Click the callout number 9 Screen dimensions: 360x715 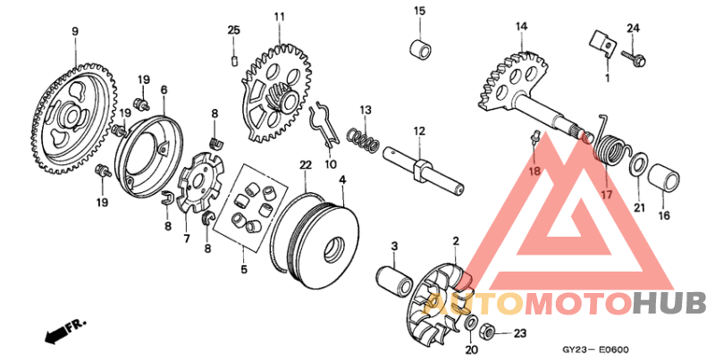click(75, 31)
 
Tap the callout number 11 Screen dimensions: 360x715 click(279, 17)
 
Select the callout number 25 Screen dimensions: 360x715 click(233, 30)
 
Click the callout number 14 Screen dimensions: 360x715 click(520, 26)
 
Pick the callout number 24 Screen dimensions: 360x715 click(633, 29)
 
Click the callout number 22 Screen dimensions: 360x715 click(306, 165)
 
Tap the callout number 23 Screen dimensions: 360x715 click(521, 333)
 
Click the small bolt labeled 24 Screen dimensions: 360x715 click(636, 57)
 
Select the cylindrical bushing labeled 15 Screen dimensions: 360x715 click(419, 47)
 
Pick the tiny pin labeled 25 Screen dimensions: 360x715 click(233, 60)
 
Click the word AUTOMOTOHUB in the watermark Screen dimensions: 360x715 click(563, 304)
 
